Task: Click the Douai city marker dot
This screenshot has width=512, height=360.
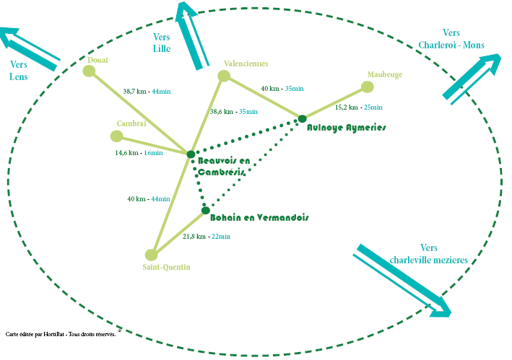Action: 89,71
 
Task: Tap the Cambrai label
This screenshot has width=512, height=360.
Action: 131,123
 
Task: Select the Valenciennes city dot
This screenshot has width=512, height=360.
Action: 224,76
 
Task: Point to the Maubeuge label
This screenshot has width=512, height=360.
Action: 385,74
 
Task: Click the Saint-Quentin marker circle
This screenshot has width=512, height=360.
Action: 151,255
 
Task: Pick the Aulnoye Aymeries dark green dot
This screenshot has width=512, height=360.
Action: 303,118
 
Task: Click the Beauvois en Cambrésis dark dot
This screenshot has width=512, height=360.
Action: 191,154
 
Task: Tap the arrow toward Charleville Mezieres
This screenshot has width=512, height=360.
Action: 404,281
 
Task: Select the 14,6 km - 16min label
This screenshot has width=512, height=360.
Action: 139,153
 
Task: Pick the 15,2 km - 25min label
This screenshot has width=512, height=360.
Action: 359,107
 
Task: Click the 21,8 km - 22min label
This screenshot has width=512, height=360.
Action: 206,237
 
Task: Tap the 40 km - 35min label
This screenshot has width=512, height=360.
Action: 282,89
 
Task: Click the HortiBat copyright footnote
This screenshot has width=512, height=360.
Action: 61,335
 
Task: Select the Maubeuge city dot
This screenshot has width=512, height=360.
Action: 367,87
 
